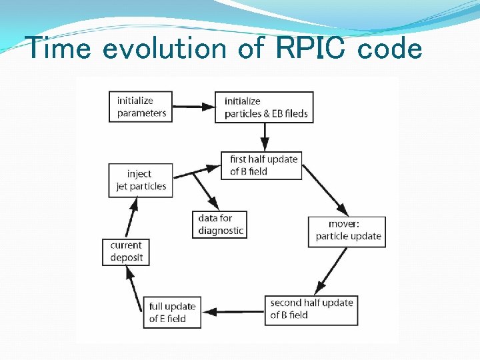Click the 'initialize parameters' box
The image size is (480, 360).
(141, 107)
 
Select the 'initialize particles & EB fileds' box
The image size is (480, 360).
(264, 107)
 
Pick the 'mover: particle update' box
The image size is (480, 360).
(347, 230)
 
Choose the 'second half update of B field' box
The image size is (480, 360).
(311, 309)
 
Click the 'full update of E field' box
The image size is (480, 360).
(173, 312)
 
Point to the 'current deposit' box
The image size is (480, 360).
(127, 251)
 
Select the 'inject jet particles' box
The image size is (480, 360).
(141, 180)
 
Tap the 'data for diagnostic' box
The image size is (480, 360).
(221, 224)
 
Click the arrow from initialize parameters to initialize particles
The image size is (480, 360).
(193, 106)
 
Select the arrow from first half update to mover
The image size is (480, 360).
(323, 189)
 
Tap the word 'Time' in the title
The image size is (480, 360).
(57, 48)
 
